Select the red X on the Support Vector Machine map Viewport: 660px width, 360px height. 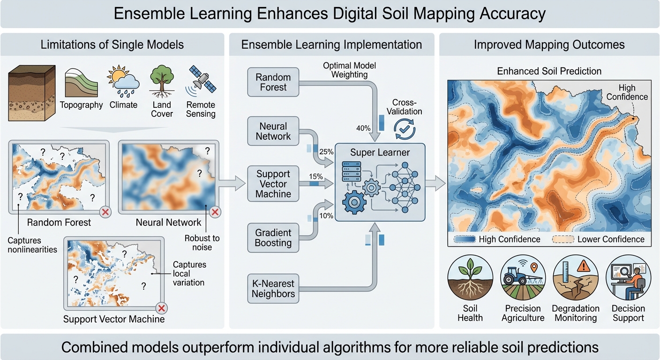click(x=161, y=308)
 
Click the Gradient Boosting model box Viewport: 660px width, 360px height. click(x=273, y=238)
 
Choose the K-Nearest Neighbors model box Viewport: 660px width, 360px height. click(x=273, y=288)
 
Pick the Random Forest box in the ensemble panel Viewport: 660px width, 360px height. click(x=273, y=82)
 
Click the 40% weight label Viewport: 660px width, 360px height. click(x=363, y=128)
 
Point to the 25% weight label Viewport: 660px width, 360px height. click(x=326, y=152)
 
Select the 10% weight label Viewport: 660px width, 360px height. click(x=326, y=216)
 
